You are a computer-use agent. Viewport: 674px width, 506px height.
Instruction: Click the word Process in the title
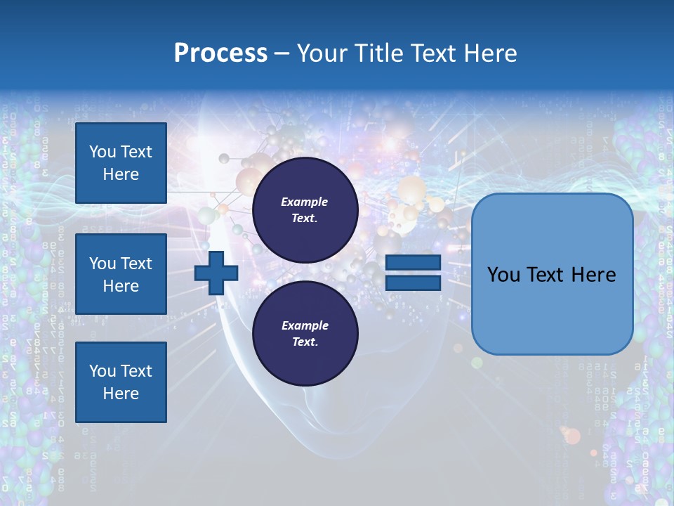point(220,53)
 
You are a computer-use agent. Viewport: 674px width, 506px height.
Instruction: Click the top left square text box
point(121,163)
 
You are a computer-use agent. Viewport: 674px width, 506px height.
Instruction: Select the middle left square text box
point(121,274)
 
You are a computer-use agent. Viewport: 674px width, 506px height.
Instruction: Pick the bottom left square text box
point(121,382)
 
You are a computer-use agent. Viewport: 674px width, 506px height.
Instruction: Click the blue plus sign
point(216,273)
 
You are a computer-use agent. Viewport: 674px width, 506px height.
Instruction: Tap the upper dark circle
point(305,210)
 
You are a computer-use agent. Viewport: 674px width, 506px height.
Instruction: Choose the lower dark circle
point(305,334)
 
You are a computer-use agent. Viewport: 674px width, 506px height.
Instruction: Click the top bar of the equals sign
point(414,263)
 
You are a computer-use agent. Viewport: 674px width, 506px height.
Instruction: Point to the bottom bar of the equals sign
point(414,283)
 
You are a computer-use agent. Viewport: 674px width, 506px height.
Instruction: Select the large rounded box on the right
point(552,274)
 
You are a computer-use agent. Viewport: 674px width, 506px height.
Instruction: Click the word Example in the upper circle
point(305,202)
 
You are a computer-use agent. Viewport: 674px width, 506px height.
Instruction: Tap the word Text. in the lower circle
point(305,342)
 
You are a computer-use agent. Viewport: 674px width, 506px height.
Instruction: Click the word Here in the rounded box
point(591,275)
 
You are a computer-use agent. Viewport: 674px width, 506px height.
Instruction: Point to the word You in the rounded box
point(504,275)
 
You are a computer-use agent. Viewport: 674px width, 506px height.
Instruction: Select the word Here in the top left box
point(121,174)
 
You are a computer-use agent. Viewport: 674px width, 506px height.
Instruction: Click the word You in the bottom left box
point(103,371)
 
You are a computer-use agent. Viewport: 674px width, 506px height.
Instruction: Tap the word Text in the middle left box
point(137,264)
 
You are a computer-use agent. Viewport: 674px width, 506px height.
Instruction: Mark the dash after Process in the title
point(282,53)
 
